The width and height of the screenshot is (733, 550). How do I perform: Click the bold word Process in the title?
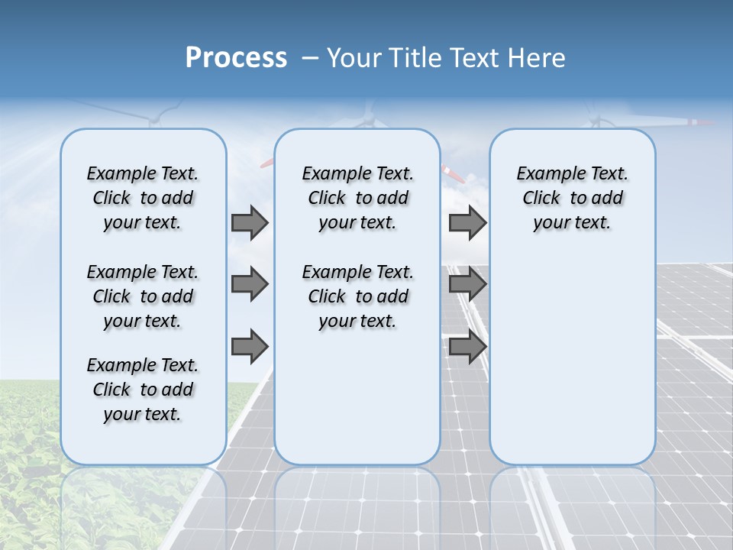(236, 58)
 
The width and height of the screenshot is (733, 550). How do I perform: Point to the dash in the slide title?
(310, 59)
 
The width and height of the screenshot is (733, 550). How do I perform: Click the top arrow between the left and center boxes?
(250, 223)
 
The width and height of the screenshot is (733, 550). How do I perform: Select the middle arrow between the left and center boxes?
(250, 284)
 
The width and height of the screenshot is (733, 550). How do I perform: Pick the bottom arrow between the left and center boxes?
(250, 347)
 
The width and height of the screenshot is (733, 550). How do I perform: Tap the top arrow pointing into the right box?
(467, 223)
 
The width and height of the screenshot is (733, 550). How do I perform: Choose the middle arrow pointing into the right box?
(467, 284)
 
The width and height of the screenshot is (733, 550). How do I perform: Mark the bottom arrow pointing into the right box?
(467, 347)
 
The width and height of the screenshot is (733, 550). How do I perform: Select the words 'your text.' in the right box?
(572, 223)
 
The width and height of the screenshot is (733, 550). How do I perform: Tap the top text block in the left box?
(143, 199)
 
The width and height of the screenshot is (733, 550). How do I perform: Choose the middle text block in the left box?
(143, 296)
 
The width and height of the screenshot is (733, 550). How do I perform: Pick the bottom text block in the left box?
(143, 390)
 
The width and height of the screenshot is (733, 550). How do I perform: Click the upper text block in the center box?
(357, 199)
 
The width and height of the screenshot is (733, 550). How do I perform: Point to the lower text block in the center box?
(357, 296)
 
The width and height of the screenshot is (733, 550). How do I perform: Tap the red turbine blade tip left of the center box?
(266, 163)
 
